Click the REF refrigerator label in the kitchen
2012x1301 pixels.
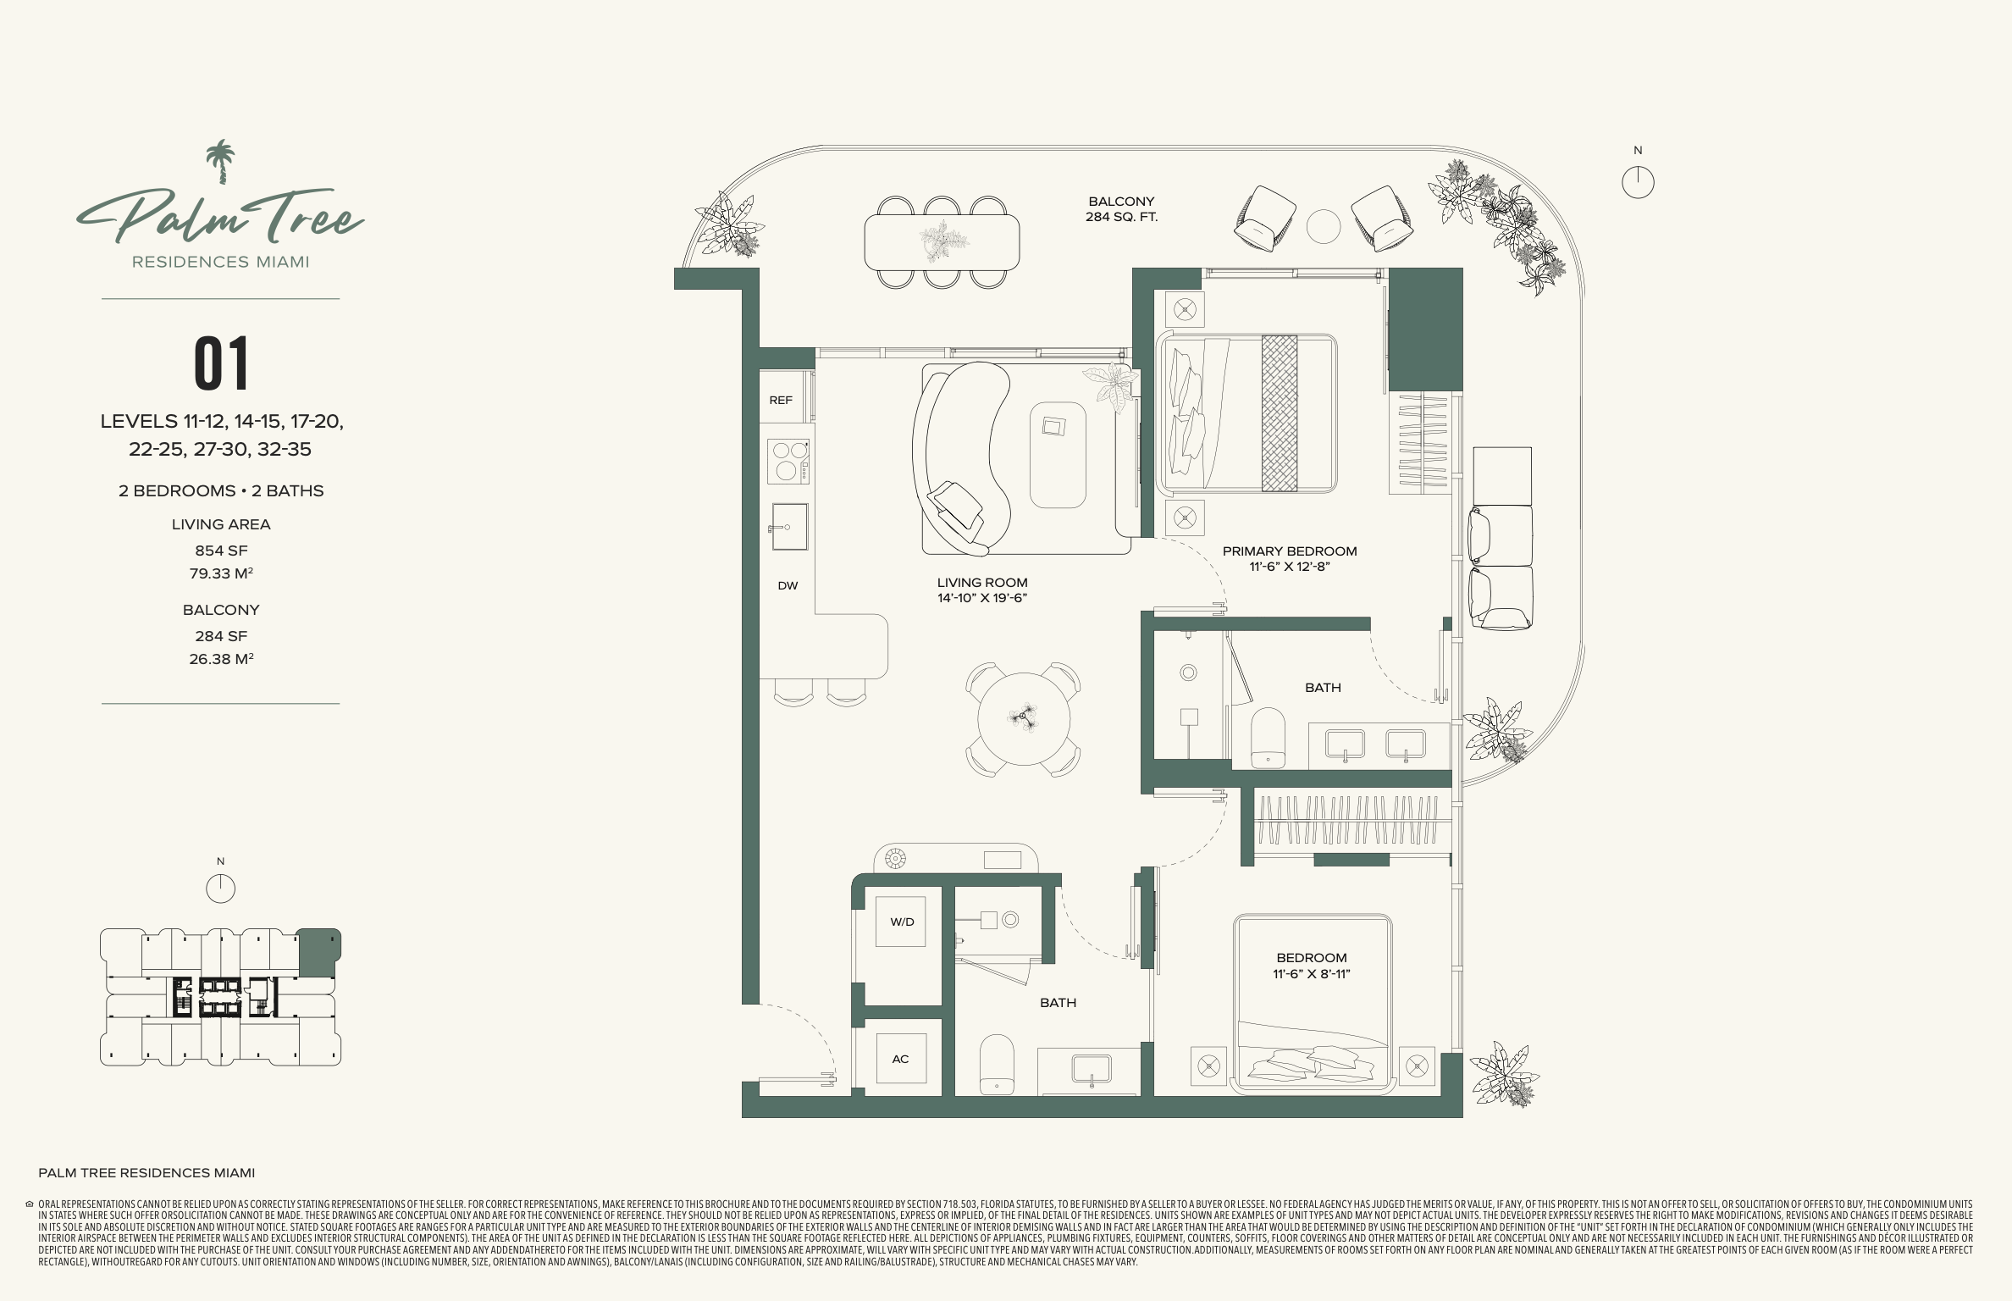[x=781, y=400]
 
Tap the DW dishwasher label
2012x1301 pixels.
[x=788, y=585]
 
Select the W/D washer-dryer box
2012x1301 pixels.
[x=901, y=922]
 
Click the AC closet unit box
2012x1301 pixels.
[x=900, y=1059]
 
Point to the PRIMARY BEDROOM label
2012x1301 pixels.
[x=1290, y=551]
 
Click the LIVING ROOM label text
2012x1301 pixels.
[x=982, y=583]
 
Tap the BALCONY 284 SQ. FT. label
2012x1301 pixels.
[x=1122, y=209]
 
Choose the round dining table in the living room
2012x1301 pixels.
[x=1024, y=718]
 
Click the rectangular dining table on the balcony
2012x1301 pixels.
[x=942, y=242]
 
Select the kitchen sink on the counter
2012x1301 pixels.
[x=788, y=527]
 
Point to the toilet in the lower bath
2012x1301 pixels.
[x=997, y=1064]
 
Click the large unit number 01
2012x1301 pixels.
[x=222, y=363]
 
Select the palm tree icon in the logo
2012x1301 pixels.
[x=221, y=162]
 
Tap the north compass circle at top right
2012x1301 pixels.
[x=1638, y=182]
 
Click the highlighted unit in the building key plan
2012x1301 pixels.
[x=318, y=953]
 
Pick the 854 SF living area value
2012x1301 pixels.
[x=221, y=551]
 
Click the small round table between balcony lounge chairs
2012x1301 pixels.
[x=1324, y=226]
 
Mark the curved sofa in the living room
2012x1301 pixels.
[x=961, y=458]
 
